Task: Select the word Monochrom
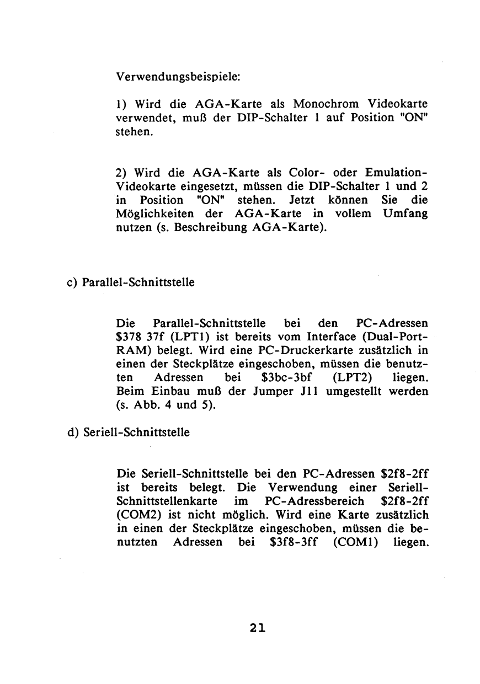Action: point(326,104)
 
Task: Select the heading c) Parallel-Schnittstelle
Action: point(130,282)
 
